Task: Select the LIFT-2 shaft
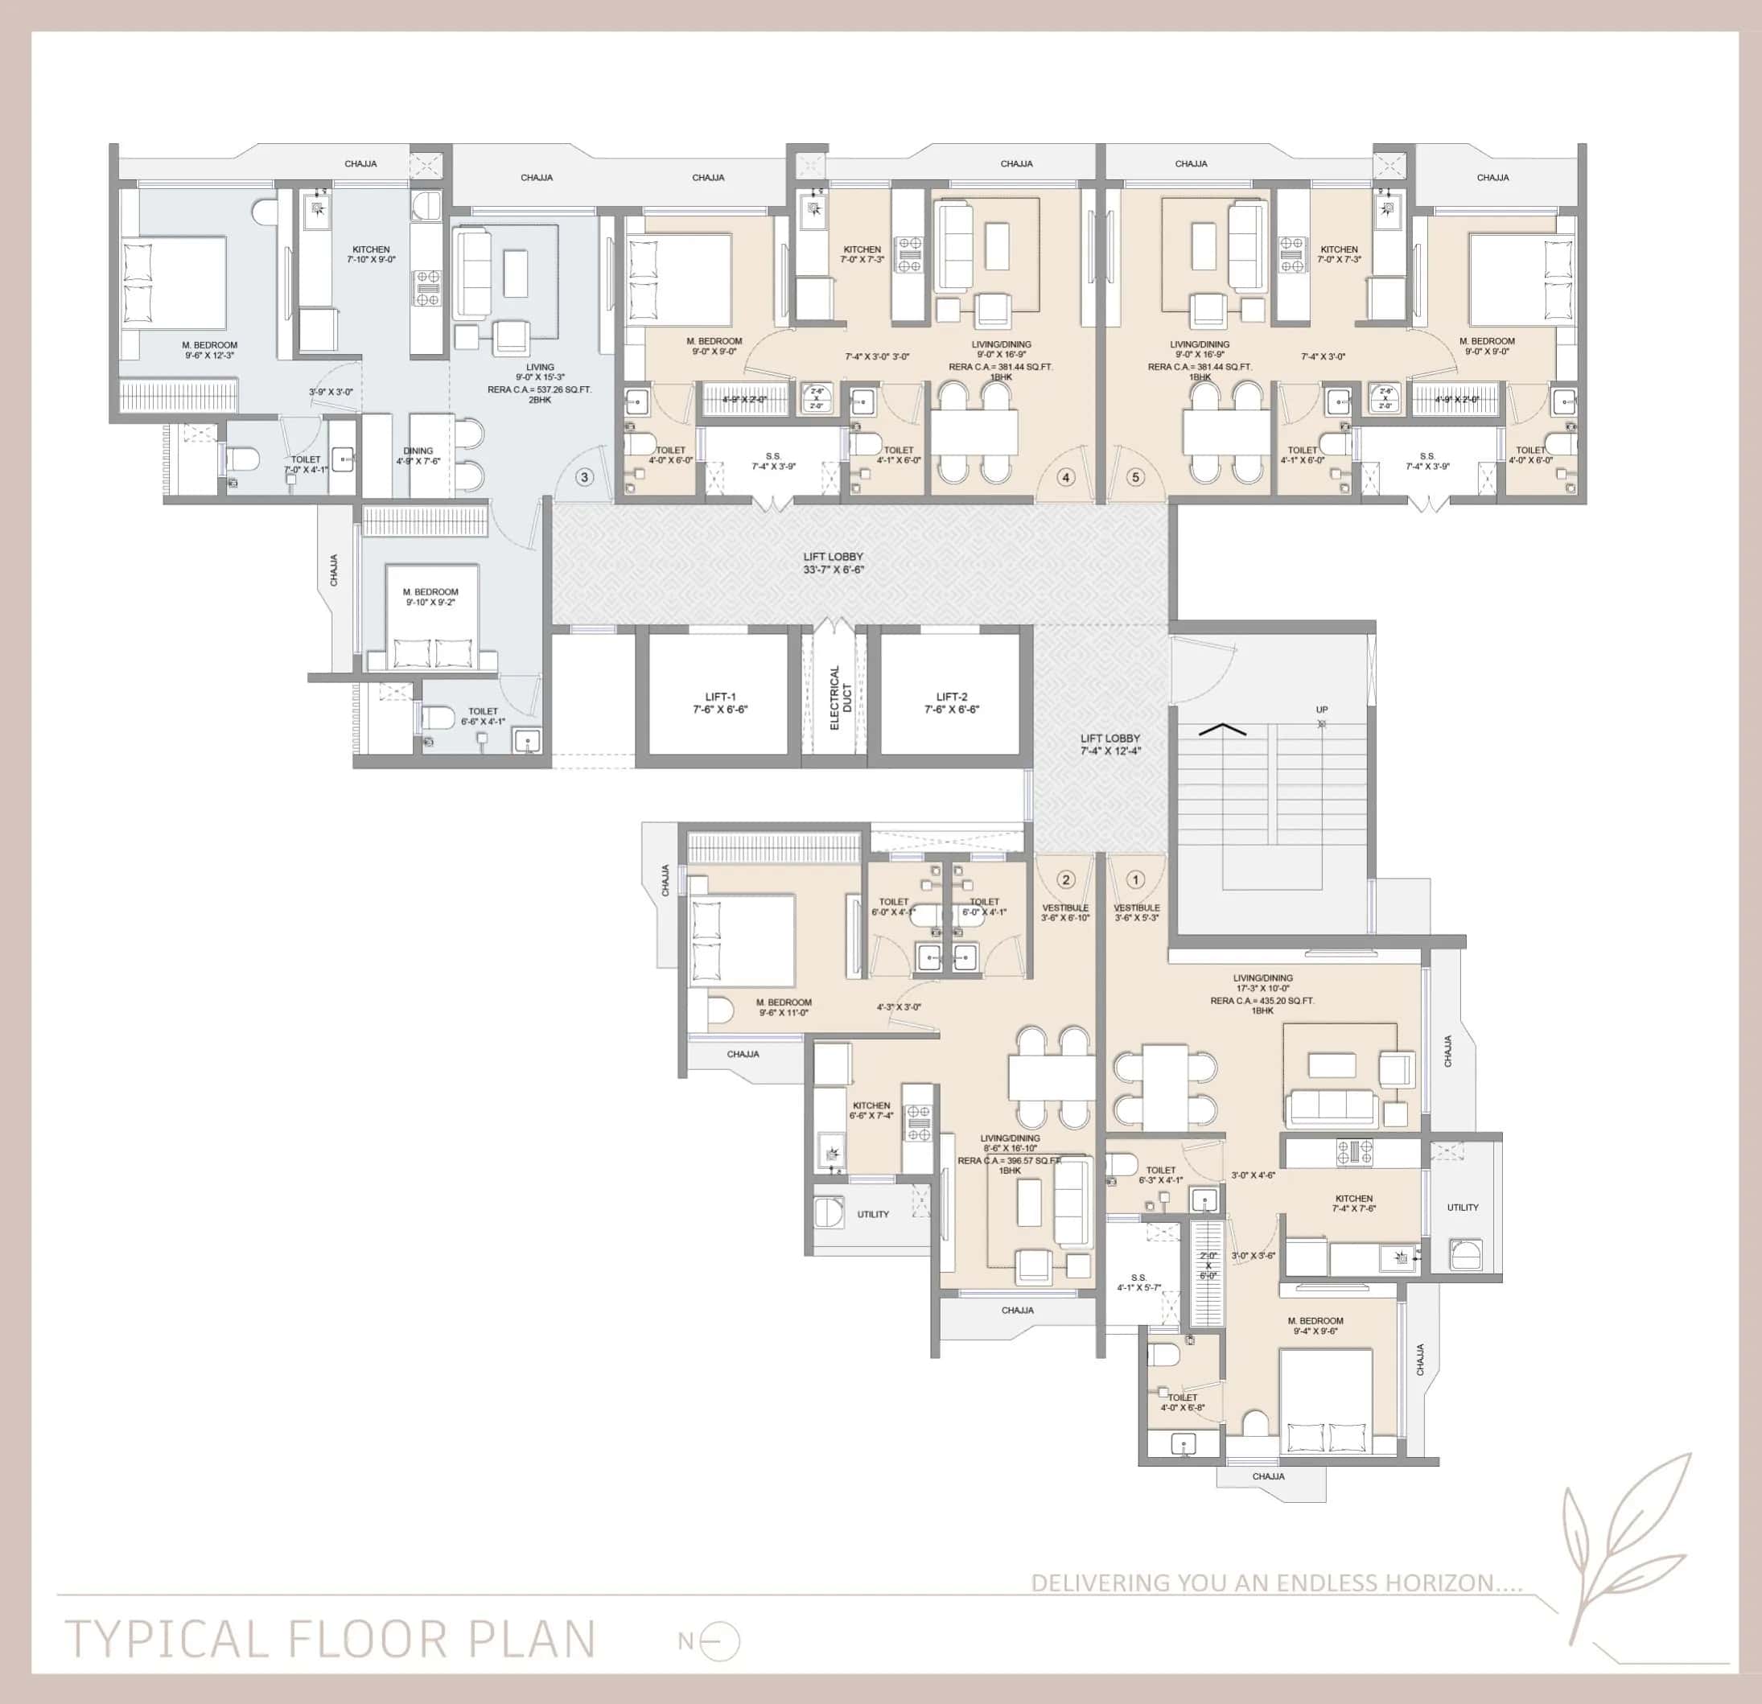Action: [951, 694]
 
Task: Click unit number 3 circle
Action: [584, 476]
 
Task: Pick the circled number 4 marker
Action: [1065, 477]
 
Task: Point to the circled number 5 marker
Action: [1134, 476]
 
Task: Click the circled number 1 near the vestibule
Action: [1135, 880]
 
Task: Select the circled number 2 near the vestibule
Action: [1065, 880]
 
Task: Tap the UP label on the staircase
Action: [1321, 709]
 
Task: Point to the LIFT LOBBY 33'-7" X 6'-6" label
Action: [834, 562]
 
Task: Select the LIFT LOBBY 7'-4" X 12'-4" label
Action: [1110, 744]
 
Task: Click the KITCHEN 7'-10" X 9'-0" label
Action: [370, 254]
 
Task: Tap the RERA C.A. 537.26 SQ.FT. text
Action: [539, 389]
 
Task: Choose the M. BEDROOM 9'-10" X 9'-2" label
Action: [430, 597]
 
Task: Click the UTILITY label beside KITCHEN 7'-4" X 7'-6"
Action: [1463, 1207]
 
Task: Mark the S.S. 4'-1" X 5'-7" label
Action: [1139, 1282]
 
